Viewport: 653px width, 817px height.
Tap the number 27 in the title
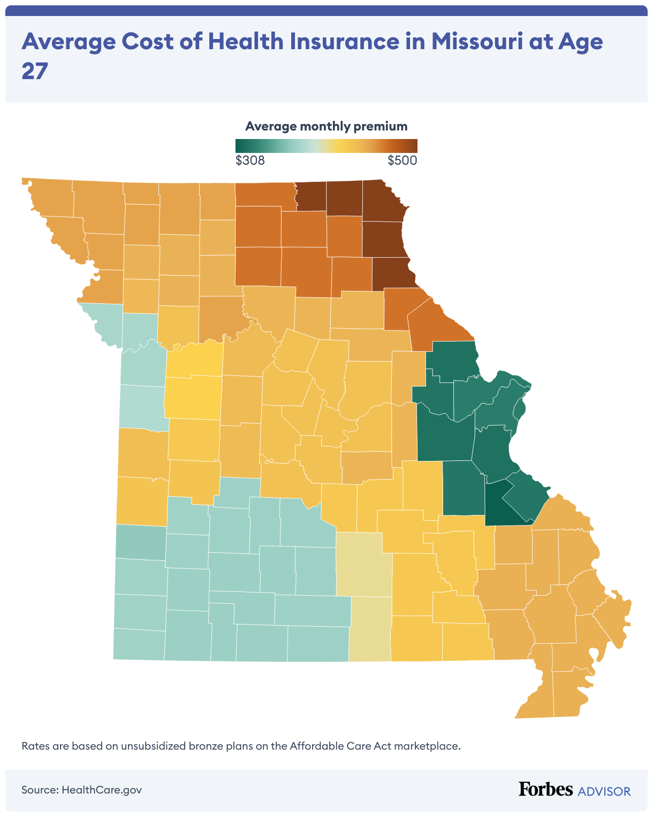pyautogui.click(x=35, y=71)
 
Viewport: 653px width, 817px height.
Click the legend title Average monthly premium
pyautogui.click(x=326, y=126)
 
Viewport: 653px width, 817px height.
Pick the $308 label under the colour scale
pyautogui.click(x=250, y=160)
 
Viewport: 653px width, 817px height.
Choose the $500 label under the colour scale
pyautogui.click(x=402, y=160)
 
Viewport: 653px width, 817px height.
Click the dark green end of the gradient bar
pyautogui.click(x=239, y=146)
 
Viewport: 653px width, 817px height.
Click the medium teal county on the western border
pyautogui.click(x=141, y=542)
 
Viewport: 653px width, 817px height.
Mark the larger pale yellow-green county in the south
pyautogui.click(x=363, y=564)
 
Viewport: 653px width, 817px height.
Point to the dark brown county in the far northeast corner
pyautogui.click(x=383, y=201)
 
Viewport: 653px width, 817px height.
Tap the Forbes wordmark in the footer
pyautogui.click(x=545, y=789)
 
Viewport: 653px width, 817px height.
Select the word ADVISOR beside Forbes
pyautogui.click(x=604, y=791)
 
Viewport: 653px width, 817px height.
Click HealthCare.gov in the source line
pyautogui.click(x=102, y=790)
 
